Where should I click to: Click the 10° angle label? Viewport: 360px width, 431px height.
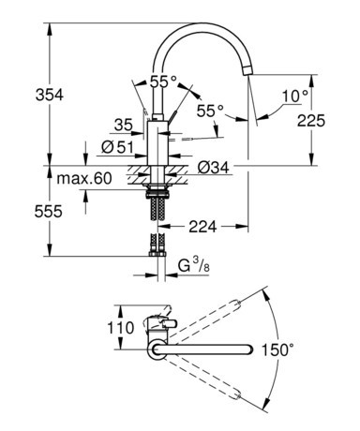292,96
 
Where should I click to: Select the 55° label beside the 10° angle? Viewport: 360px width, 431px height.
210,111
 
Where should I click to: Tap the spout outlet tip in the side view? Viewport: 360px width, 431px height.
247,71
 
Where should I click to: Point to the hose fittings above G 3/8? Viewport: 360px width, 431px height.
155,251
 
